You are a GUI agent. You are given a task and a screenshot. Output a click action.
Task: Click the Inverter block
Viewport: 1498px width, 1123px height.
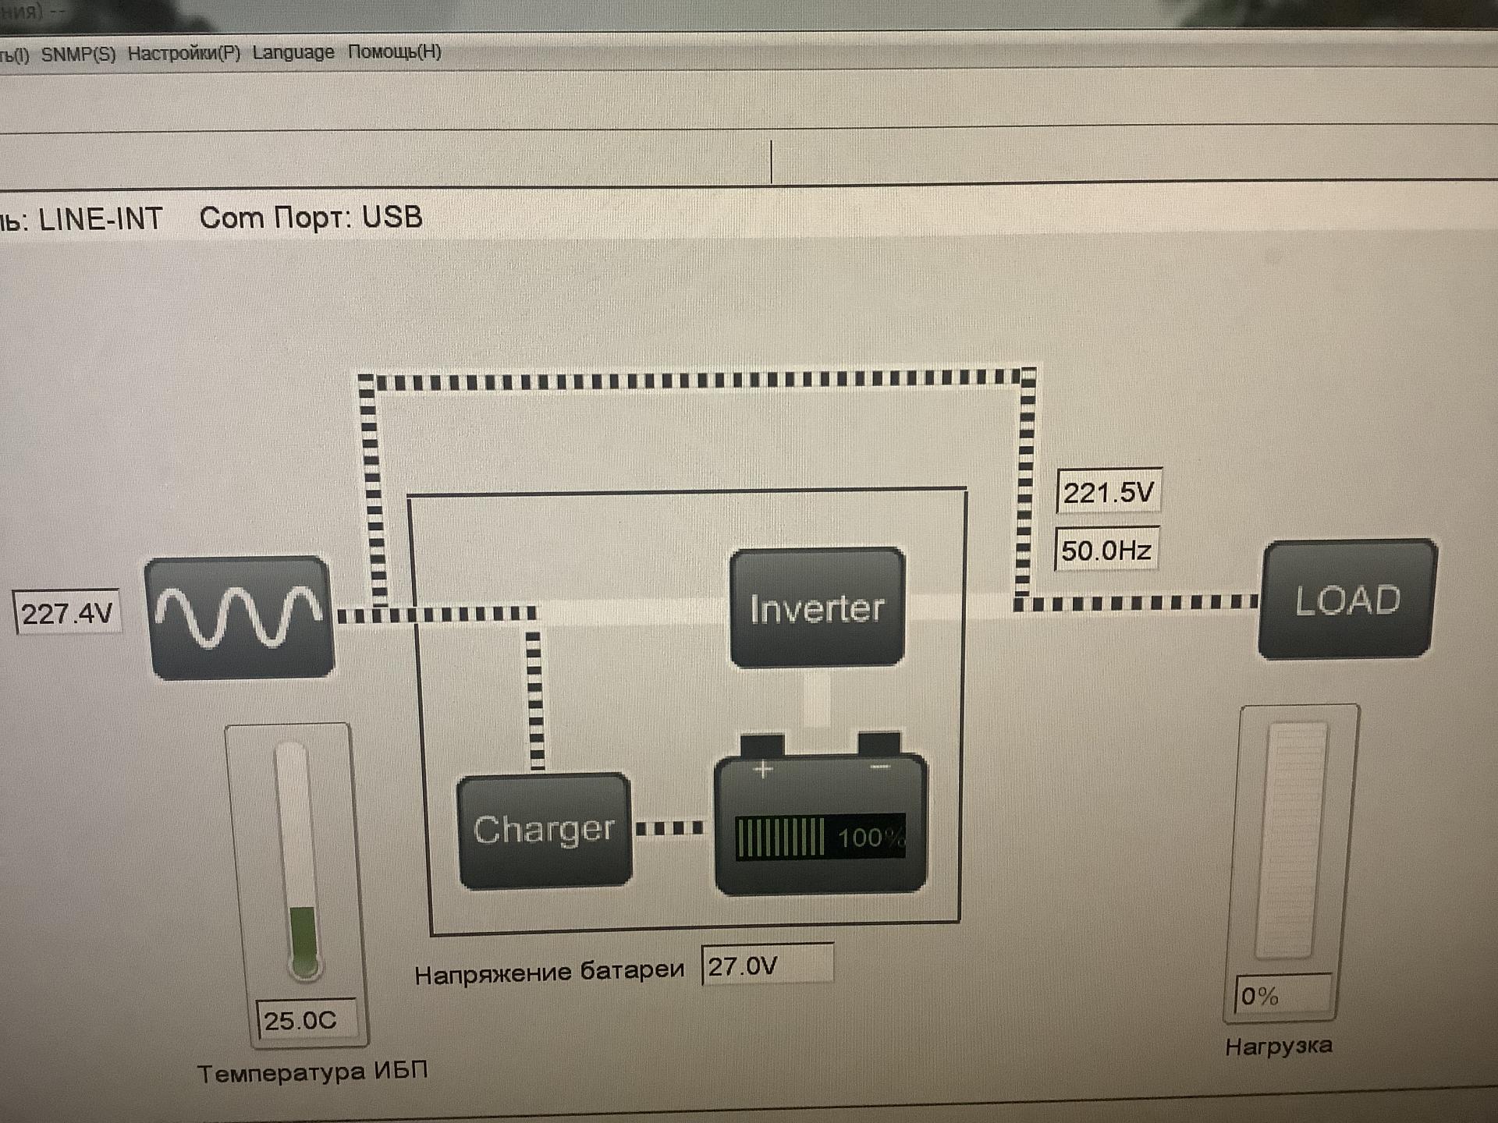[817, 608]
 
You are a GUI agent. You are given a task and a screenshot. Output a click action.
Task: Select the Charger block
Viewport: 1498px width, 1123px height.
[544, 830]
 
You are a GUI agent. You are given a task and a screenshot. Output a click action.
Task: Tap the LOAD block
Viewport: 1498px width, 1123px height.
[1347, 599]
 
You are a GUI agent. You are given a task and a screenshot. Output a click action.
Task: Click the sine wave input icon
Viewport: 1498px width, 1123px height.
[240, 616]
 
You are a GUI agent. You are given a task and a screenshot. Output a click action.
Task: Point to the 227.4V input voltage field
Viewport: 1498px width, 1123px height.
[67, 613]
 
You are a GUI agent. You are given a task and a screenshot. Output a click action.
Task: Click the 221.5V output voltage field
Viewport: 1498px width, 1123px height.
[1108, 492]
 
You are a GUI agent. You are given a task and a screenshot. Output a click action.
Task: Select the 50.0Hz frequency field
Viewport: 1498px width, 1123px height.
[1106, 551]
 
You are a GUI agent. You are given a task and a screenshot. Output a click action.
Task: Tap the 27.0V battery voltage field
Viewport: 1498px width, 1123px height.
[767, 966]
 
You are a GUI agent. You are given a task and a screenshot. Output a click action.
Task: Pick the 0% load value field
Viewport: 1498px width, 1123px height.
[1282, 995]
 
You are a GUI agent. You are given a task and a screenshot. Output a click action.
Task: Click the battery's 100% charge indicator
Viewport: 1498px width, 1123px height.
[820, 837]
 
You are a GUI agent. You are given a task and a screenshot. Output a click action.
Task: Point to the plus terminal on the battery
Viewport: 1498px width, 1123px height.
[763, 770]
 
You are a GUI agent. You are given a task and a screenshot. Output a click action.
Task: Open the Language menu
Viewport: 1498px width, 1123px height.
[293, 52]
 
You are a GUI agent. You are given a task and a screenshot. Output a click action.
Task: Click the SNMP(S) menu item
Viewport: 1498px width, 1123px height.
[78, 54]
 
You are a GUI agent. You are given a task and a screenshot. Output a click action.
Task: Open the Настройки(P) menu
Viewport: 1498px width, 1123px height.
[184, 53]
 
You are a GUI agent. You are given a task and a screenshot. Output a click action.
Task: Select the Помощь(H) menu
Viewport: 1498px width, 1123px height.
[395, 51]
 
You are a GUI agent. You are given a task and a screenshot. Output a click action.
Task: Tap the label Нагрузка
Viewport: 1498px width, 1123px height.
[1278, 1046]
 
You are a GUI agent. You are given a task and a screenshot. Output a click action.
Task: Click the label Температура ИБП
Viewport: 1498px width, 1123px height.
[312, 1072]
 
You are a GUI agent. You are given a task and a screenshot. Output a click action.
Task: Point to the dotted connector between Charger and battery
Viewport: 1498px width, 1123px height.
[669, 827]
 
